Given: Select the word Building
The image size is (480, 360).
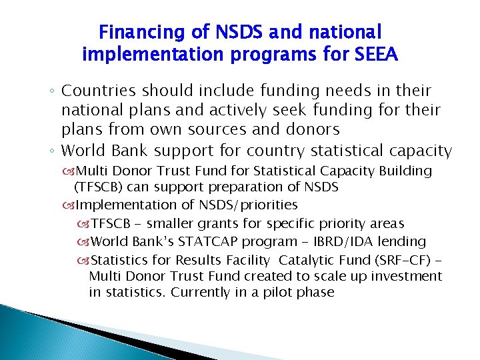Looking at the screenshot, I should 403,171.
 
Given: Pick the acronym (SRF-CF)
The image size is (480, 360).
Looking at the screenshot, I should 400,259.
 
